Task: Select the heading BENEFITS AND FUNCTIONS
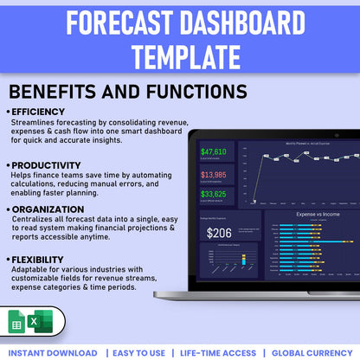click(127, 92)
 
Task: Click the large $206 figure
click(219, 232)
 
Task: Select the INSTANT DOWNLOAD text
click(55, 352)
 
